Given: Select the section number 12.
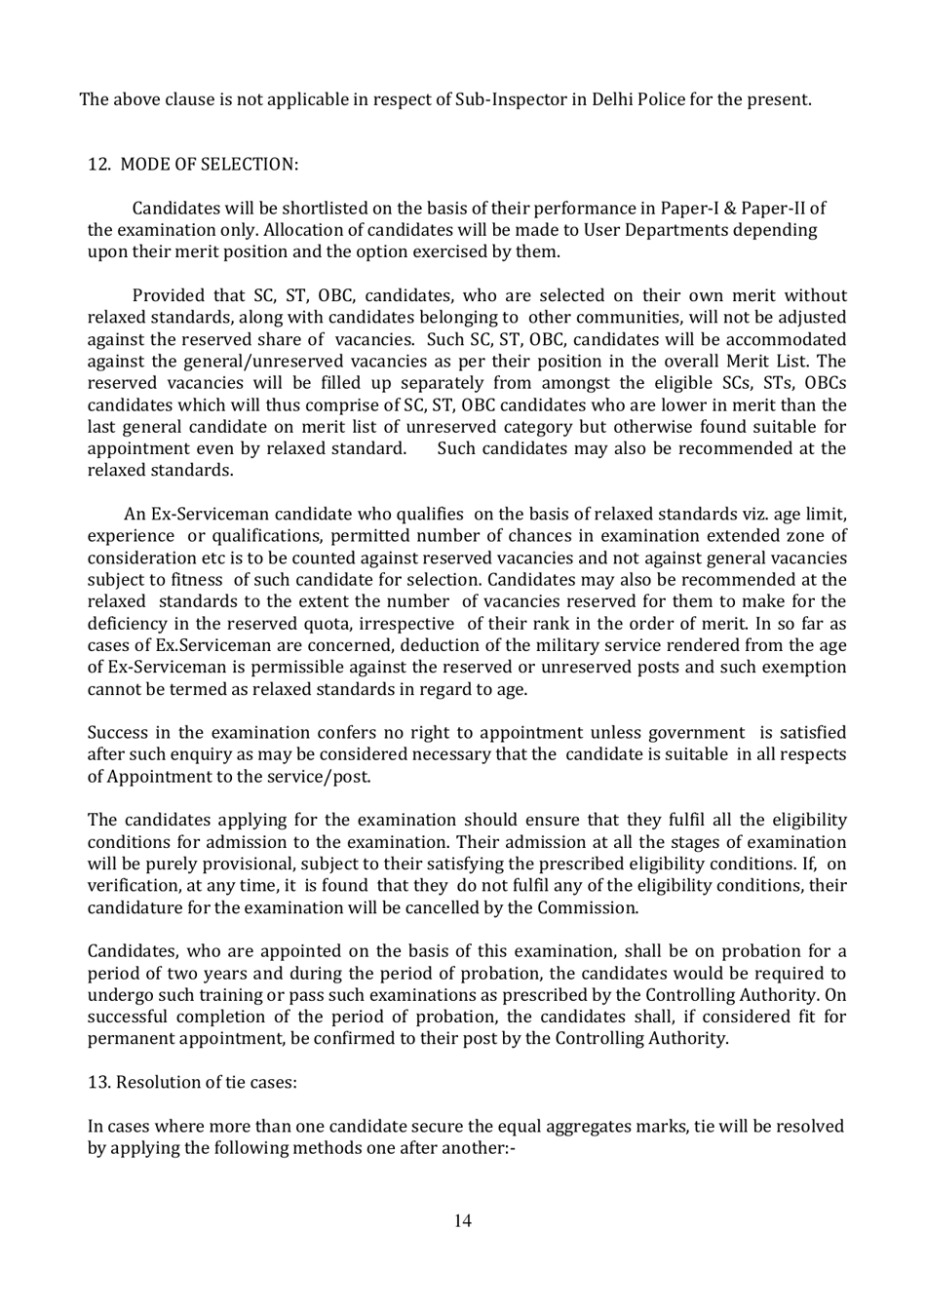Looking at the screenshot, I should tap(98, 165).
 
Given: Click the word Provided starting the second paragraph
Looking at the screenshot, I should tap(168, 296).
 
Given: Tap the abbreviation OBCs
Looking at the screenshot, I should tap(825, 383).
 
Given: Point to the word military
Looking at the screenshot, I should tap(502, 645).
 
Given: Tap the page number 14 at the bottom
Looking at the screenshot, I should tap(462, 1221).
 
